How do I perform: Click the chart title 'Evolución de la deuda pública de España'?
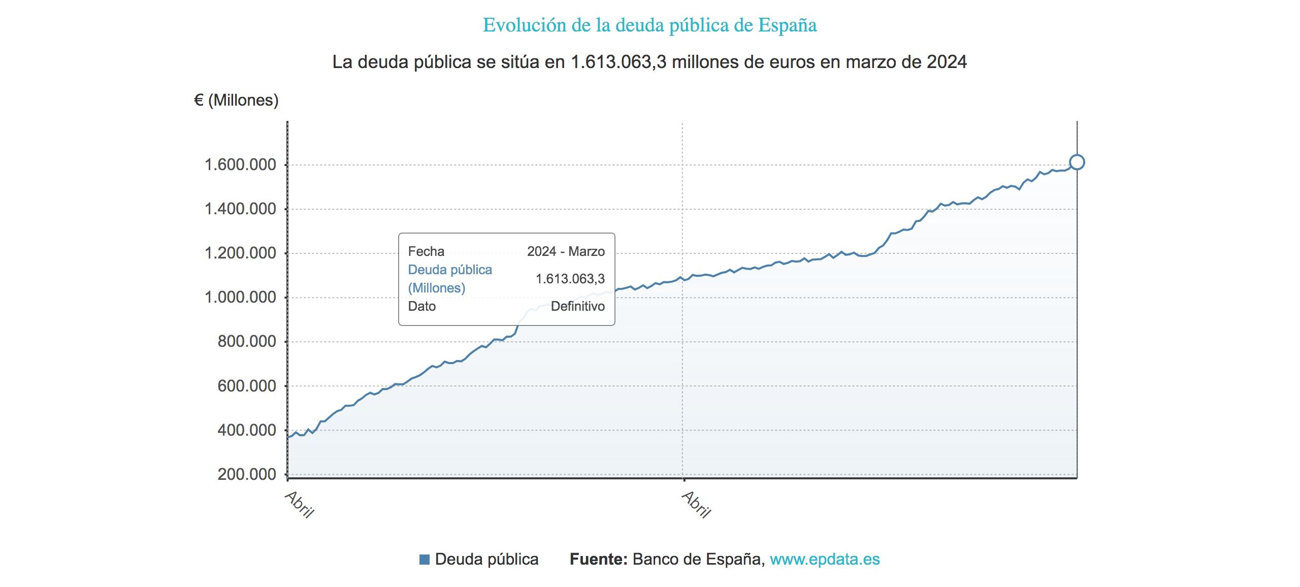click(649, 25)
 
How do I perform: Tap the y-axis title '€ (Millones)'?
click(236, 100)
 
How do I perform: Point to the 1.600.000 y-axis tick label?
click(240, 165)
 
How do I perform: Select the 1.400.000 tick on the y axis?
click(240, 209)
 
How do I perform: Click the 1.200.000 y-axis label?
click(240, 253)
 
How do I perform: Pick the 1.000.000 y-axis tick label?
click(240, 297)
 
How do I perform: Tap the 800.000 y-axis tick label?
click(247, 341)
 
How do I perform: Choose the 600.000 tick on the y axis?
click(247, 386)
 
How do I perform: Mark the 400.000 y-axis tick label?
click(247, 430)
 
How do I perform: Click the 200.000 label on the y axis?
click(247, 474)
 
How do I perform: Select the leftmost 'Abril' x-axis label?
click(300, 504)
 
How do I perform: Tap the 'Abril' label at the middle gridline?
click(696, 504)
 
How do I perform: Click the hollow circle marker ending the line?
click(1077, 162)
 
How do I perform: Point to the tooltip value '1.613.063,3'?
click(570, 279)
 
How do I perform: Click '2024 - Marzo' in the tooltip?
click(566, 251)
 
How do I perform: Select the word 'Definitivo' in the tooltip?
click(577, 306)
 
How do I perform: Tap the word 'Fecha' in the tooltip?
click(426, 251)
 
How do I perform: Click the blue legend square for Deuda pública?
click(425, 560)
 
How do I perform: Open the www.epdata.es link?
click(825, 559)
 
